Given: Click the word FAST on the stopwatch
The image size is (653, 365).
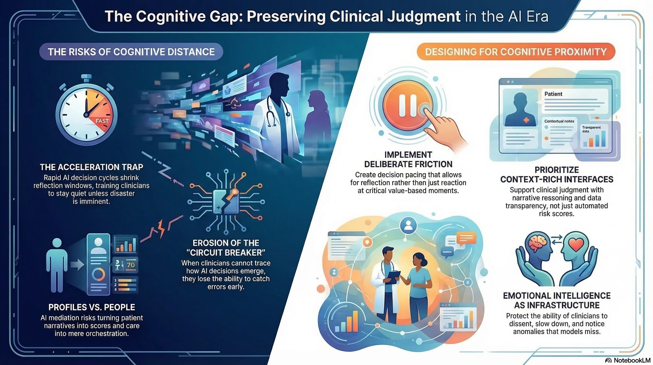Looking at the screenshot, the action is click(102, 121).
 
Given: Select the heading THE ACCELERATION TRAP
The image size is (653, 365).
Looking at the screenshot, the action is click(92, 167).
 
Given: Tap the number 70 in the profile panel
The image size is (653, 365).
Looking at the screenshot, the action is click(131, 265).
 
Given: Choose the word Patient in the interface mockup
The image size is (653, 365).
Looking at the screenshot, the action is click(553, 94).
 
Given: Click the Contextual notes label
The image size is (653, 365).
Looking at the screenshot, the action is click(559, 121).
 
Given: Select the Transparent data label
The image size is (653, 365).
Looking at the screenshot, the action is click(591, 129).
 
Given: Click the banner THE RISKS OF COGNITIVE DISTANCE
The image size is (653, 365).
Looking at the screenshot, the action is click(131, 52).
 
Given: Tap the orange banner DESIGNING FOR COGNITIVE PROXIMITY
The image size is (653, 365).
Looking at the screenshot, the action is click(516, 52).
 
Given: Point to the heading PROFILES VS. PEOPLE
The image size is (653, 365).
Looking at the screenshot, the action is click(92, 307).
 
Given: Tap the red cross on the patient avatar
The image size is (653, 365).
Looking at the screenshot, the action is click(526, 120).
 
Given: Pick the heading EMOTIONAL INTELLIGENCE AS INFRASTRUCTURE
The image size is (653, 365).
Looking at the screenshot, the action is click(557, 300).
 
